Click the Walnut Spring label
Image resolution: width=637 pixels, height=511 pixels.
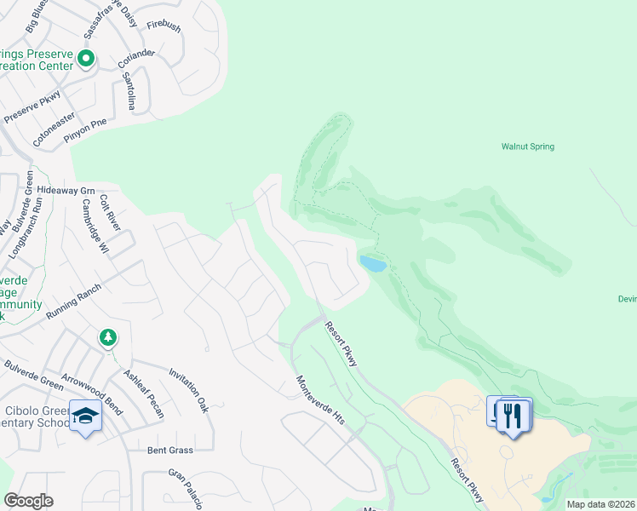527,146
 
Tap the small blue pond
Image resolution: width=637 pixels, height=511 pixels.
373,264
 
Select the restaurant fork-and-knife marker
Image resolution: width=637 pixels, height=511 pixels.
512,416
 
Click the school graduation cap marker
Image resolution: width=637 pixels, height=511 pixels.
85,416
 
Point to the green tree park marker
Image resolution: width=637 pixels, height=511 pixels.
107,338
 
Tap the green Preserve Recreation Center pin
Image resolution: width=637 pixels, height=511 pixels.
85,59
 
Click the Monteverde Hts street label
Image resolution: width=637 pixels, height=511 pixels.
318,399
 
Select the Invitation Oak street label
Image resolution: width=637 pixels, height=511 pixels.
189,390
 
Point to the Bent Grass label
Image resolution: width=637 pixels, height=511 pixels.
169,450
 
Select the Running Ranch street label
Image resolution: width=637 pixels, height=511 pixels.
74,301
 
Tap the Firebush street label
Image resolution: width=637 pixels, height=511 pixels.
164,27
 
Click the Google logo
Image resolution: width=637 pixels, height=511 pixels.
28,501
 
